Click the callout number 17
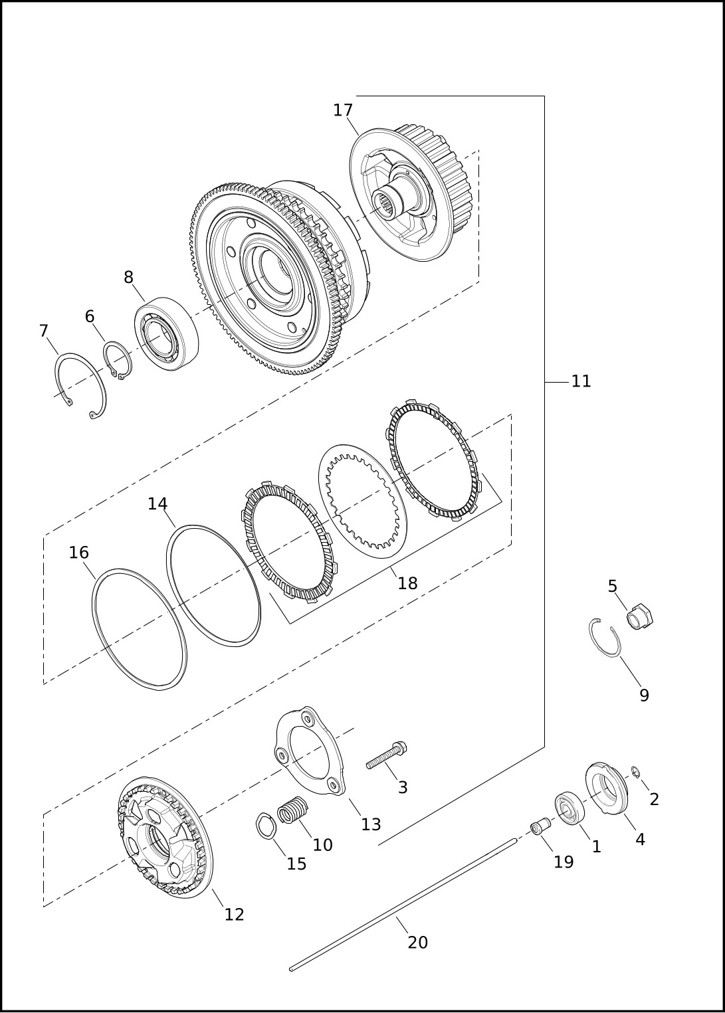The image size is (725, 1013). click(x=342, y=110)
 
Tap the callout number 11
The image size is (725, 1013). click(x=581, y=381)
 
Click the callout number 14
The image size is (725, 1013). click(x=157, y=504)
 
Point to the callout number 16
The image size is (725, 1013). click(x=78, y=552)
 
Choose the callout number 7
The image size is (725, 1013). click(x=43, y=331)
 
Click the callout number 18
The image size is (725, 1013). click(x=407, y=583)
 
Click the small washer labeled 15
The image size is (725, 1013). click(x=266, y=826)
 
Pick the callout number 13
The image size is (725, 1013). click(x=371, y=824)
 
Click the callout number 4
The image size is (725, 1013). click(x=640, y=840)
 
